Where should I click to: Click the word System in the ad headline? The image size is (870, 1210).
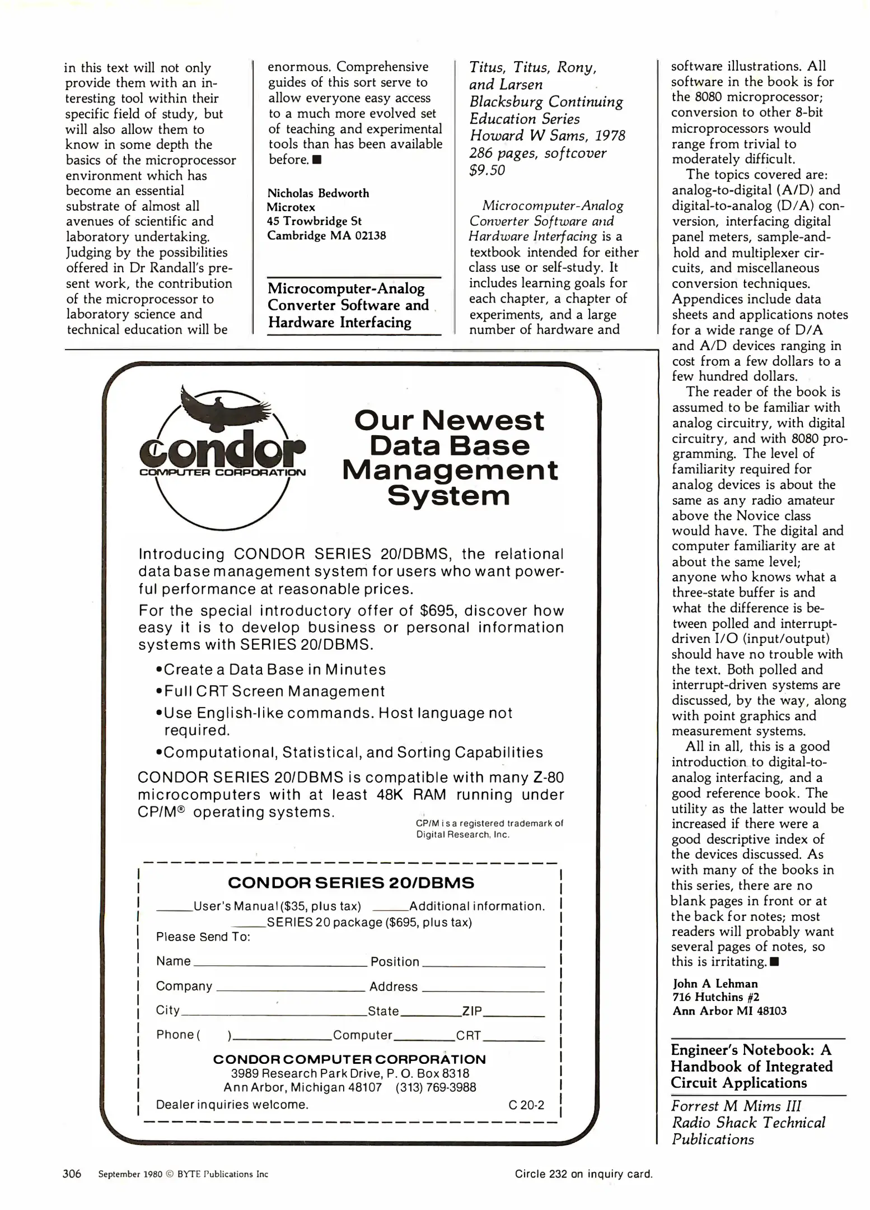click(x=448, y=495)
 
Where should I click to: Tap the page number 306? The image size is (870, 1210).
click(x=72, y=1174)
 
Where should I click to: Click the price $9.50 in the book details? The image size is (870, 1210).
click(x=487, y=170)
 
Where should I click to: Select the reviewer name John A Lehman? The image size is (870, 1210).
click(x=715, y=984)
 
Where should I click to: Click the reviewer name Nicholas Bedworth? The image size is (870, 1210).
click(x=318, y=193)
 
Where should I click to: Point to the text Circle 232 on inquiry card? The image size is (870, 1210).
click(x=583, y=1174)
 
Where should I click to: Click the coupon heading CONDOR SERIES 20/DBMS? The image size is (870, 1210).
click(x=351, y=883)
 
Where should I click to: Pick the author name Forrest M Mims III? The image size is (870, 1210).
click(x=736, y=1106)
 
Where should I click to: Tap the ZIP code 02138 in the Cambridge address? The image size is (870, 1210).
click(x=370, y=235)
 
